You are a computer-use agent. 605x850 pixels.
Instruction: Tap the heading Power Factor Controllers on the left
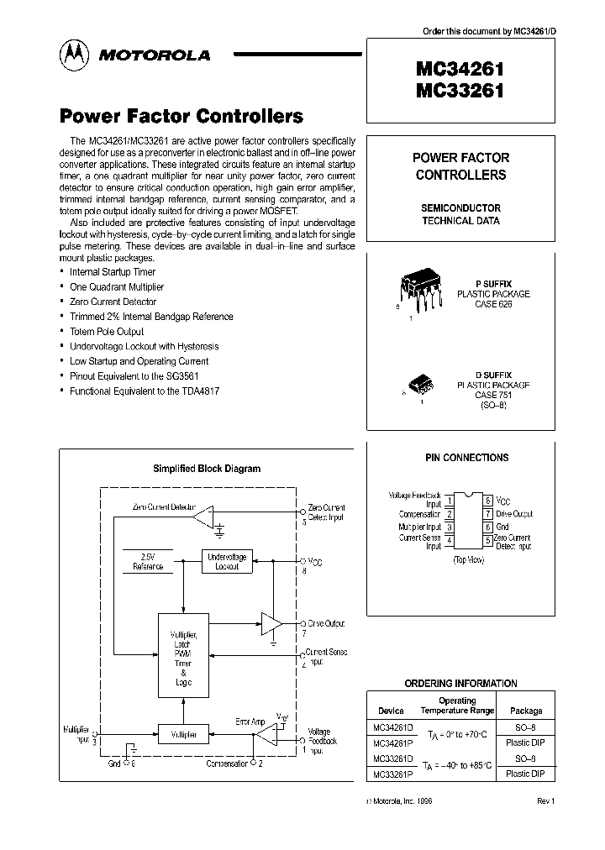click(x=181, y=116)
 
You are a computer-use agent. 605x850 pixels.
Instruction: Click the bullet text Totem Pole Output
click(x=107, y=332)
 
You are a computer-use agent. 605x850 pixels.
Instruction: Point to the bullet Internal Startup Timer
click(x=113, y=272)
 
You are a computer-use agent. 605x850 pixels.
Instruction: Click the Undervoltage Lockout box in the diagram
click(x=227, y=561)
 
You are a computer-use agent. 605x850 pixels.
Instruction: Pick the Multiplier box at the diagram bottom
click(x=184, y=734)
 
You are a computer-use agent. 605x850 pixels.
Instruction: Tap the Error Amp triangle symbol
click(x=266, y=738)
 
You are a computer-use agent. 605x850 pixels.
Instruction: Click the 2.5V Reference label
click(x=148, y=561)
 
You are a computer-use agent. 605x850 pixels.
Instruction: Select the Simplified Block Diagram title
click(x=206, y=469)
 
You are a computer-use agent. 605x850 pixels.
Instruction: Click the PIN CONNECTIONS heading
click(x=467, y=458)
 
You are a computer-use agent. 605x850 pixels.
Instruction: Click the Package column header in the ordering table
click(x=527, y=711)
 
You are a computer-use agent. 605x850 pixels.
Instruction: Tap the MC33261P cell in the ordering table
click(x=392, y=774)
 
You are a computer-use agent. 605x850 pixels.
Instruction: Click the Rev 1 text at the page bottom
click(x=546, y=801)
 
